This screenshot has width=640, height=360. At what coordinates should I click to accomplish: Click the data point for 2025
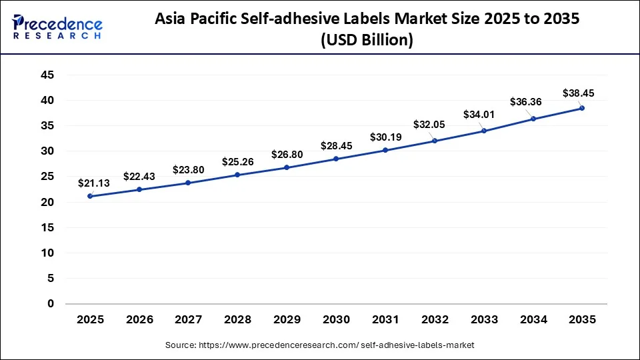90,196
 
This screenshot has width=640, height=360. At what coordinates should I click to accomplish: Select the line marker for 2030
336,159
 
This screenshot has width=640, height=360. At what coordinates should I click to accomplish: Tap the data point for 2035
582,108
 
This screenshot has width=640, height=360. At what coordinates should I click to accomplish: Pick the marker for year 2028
237,175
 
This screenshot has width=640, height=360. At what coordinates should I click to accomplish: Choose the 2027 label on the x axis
189,320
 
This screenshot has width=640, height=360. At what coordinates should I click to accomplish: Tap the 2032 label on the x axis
435,320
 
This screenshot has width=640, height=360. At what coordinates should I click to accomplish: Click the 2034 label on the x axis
533,320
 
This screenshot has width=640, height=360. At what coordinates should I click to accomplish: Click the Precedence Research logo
57,27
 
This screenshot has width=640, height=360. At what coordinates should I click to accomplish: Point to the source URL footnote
319,345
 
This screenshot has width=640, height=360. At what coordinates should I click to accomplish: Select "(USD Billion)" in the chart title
367,41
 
